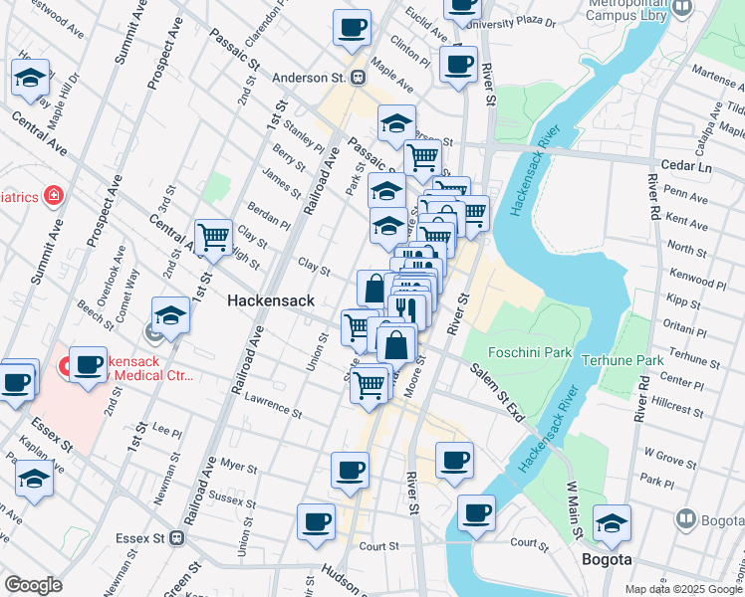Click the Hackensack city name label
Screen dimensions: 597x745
coord(270,299)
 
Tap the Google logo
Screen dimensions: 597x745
coord(33,584)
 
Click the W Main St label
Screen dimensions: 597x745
coord(574,509)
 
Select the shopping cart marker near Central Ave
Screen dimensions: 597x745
coord(213,237)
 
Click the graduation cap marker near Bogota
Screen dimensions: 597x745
coord(612,522)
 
